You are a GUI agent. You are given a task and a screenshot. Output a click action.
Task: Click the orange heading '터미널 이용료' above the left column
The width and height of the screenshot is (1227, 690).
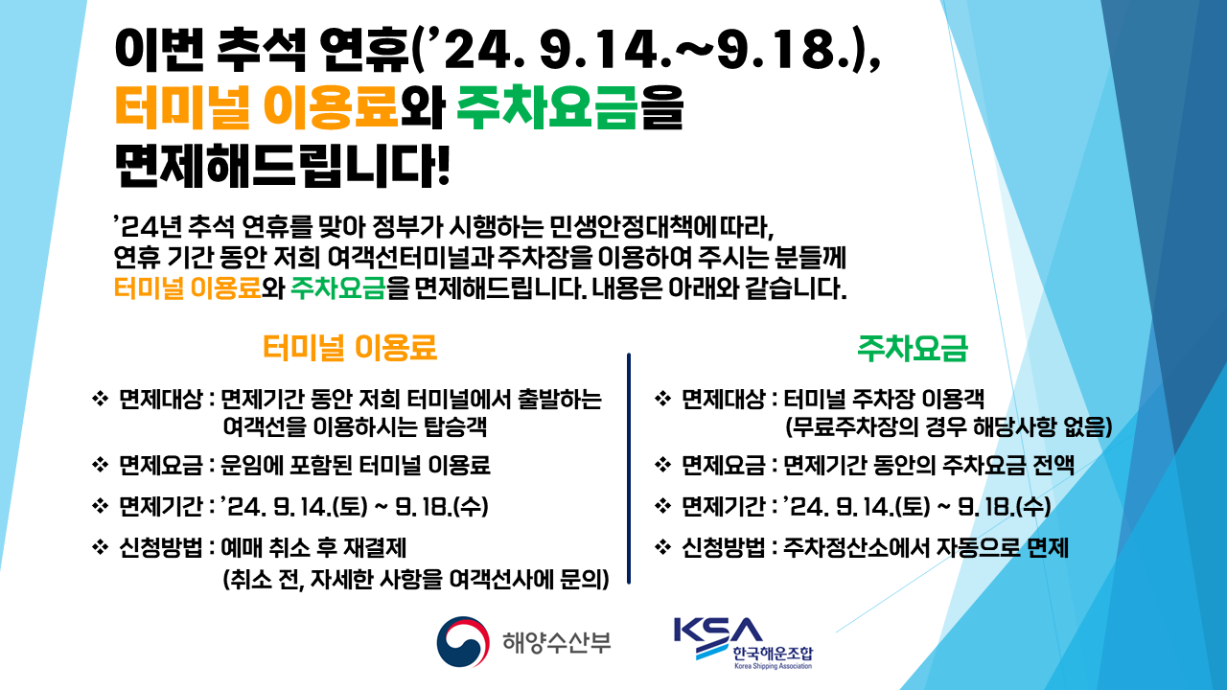[x=350, y=349]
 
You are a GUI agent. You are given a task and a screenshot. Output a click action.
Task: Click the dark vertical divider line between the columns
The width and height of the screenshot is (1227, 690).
[x=629, y=467]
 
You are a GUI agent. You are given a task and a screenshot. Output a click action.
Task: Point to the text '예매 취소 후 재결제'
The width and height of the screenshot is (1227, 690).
[x=314, y=548]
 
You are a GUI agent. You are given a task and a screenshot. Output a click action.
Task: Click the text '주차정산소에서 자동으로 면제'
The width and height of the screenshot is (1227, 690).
[x=926, y=548]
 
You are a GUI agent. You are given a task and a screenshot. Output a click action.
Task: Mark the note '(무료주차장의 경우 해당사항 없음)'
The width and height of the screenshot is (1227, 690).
[x=947, y=426]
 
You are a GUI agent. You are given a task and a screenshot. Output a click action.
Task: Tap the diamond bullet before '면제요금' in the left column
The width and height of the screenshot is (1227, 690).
[x=99, y=466]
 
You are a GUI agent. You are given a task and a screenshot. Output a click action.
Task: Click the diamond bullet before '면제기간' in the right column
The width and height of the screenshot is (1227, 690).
[x=661, y=505]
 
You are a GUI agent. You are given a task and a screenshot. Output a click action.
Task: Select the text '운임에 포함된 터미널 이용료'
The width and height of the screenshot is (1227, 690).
[x=356, y=466]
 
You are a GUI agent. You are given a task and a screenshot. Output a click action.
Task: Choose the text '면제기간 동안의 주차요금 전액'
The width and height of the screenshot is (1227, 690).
[x=929, y=466]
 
